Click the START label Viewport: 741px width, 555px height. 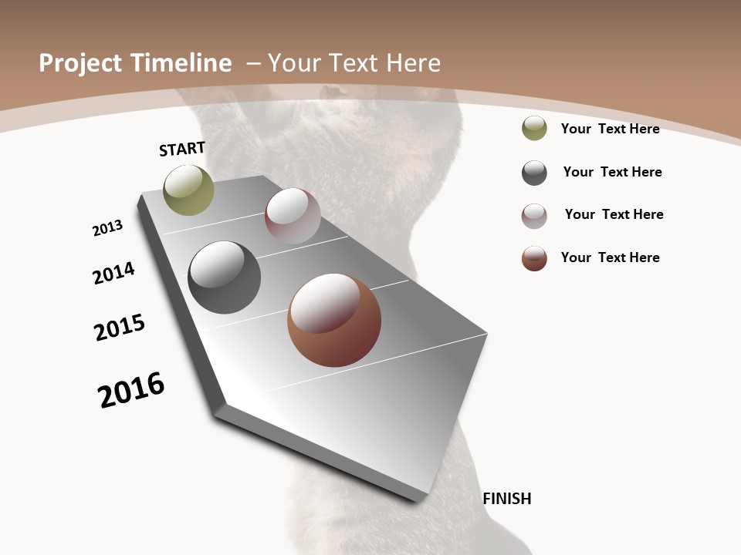point(182,149)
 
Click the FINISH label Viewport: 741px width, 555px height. point(507,499)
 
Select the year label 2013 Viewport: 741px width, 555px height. point(107,228)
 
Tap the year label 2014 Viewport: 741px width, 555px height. point(114,273)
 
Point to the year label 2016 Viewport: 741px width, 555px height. point(131,390)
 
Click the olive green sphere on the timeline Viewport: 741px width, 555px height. point(188,190)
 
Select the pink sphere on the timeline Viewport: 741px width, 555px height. point(293,215)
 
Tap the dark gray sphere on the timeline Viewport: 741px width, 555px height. point(225,277)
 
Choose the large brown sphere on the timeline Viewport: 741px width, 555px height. point(334,320)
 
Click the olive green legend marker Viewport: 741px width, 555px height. point(534,128)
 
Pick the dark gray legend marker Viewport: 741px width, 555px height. point(534,173)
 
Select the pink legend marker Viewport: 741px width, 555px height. point(534,216)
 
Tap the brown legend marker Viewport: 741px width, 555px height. point(534,258)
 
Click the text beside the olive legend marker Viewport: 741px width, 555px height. point(610,129)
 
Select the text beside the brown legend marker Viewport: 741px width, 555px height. point(610,257)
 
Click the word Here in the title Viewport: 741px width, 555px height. point(414,63)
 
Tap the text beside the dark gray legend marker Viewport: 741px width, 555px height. point(612,172)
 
